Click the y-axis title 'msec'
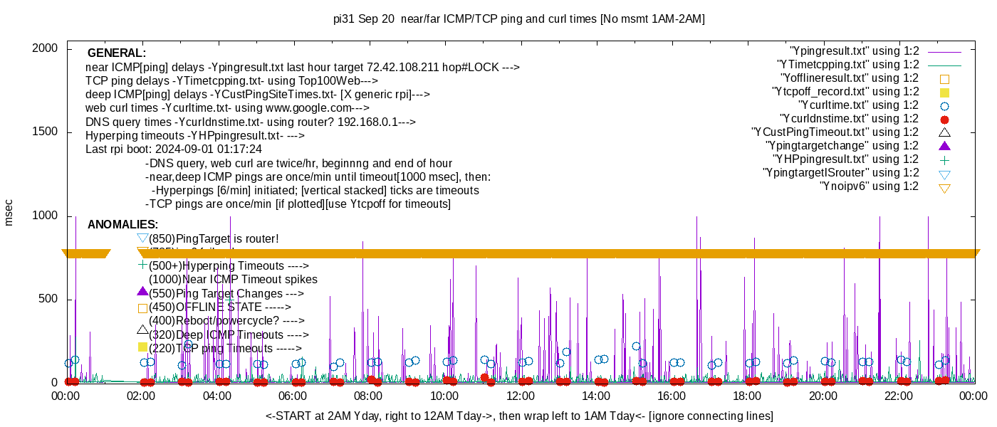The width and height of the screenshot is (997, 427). pos(9,212)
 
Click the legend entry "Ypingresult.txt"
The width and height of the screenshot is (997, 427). pos(855,51)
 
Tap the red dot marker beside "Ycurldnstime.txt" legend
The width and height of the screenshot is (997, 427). pos(945,119)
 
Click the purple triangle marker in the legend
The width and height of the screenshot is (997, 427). pos(945,146)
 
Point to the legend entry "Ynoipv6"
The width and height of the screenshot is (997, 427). pos(869,186)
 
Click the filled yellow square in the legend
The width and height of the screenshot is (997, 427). pos(945,92)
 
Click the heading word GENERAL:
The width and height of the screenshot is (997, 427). pos(117,53)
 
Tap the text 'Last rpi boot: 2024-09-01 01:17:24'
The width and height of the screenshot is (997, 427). pos(174,149)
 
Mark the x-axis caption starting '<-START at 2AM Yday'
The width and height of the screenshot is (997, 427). pos(519,416)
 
